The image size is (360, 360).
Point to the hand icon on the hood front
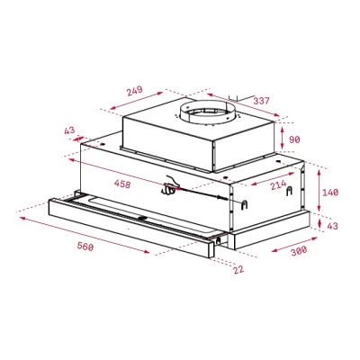click(x=171, y=185)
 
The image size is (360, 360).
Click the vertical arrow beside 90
click(x=283, y=139)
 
